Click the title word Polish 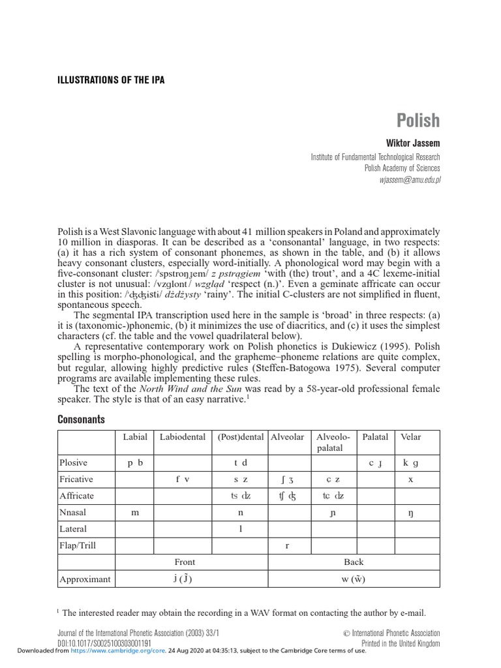tap(418, 121)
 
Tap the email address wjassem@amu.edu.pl tap(406, 179)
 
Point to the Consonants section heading tap(81, 419)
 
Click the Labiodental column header tap(183, 437)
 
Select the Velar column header tap(411, 437)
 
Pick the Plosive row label tap(74, 463)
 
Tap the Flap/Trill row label tap(78, 545)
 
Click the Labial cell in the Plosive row tap(135, 463)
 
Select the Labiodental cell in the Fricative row tap(183, 479)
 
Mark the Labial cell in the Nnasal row tap(135, 513)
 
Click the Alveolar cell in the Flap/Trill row tap(288, 545)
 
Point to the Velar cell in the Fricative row tap(411, 479)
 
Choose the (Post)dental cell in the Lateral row tap(240, 529)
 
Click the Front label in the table tap(185, 562)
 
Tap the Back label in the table tap(354, 562)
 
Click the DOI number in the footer tap(104, 643)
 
